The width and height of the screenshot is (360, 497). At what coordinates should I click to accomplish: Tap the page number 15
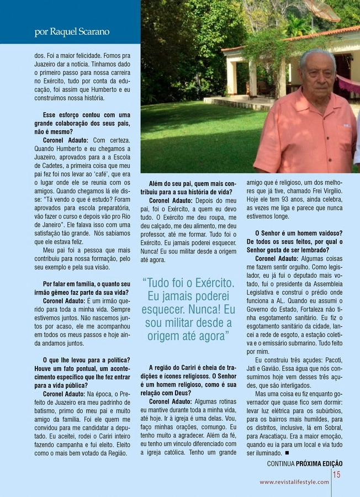(337, 474)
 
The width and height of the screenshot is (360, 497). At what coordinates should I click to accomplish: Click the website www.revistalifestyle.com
(294, 482)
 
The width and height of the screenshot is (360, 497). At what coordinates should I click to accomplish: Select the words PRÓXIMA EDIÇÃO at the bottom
(319, 464)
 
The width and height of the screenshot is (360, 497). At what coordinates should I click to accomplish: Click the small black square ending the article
(288, 453)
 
